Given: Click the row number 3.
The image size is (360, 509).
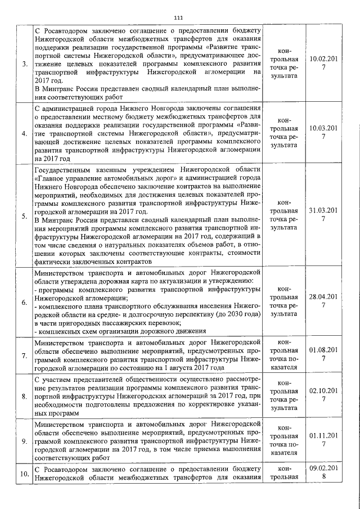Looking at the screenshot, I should (x=24, y=63).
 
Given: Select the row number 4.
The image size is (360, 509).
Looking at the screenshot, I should (x=24, y=133).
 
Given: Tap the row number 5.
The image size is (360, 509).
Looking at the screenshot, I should (x=24, y=215).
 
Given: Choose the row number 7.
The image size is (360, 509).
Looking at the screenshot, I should (x=24, y=356).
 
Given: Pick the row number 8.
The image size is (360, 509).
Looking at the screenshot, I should (x=24, y=397).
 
